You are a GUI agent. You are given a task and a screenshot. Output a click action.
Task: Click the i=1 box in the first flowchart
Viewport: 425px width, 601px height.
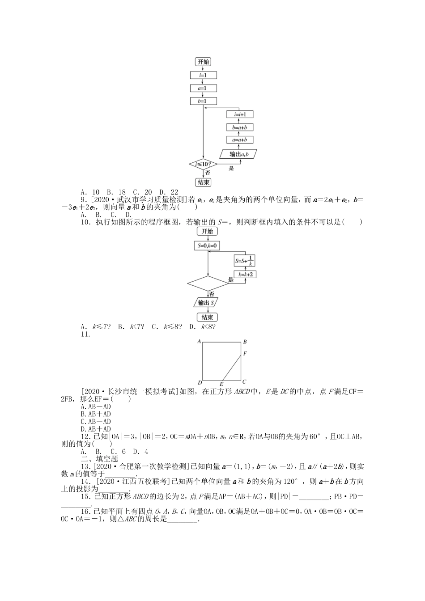pos(203,75)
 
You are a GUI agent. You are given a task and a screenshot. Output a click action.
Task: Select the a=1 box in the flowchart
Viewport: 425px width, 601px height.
pos(203,88)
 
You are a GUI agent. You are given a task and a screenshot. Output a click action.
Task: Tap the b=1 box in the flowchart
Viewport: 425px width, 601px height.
pos(203,101)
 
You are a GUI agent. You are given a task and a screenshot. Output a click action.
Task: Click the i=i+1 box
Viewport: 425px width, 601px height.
pos(240,114)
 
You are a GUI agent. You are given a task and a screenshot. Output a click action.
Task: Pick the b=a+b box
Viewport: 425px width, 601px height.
pos(240,127)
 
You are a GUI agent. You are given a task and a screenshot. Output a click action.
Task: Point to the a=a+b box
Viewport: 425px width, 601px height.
pos(240,140)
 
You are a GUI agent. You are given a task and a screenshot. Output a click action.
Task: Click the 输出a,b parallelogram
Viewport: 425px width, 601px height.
pos(240,154)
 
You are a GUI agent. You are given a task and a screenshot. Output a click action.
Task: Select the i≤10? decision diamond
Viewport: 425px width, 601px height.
pos(203,165)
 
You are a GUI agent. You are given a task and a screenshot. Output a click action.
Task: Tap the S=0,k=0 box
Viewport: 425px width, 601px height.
pos(207,245)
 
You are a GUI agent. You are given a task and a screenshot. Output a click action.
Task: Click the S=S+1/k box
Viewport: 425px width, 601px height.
pos(244,260)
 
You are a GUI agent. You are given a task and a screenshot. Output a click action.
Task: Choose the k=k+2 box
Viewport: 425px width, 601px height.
pos(244,274)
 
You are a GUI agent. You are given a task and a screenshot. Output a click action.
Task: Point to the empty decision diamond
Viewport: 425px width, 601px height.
pos(208,284)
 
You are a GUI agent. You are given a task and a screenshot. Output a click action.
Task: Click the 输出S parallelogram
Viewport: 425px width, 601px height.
pos(207,303)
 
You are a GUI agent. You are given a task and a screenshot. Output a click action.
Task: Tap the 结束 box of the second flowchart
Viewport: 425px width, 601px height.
pos(207,317)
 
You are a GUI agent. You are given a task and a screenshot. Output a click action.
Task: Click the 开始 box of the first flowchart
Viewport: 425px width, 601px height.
pos(203,62)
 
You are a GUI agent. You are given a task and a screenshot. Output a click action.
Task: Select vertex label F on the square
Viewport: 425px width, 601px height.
pos(245,354)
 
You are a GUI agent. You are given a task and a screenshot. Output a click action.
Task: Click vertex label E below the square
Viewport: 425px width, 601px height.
pos(221,384)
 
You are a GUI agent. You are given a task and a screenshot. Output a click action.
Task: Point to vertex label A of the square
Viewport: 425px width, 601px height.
pos(199,342)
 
